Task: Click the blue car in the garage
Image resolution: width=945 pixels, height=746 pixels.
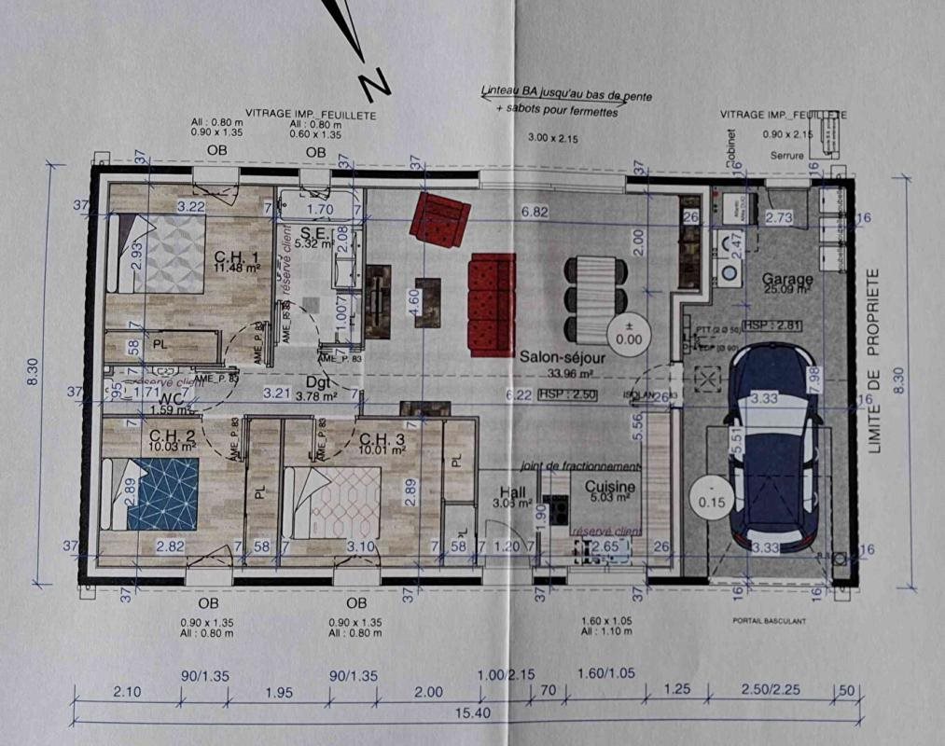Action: point(775,446)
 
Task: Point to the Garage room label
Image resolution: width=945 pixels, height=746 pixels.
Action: point(786,279)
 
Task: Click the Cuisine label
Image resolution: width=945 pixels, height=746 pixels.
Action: point(610,487)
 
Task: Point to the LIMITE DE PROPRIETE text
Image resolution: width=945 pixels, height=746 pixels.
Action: point(874,361)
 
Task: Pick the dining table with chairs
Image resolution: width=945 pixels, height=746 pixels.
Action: point(594,298)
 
